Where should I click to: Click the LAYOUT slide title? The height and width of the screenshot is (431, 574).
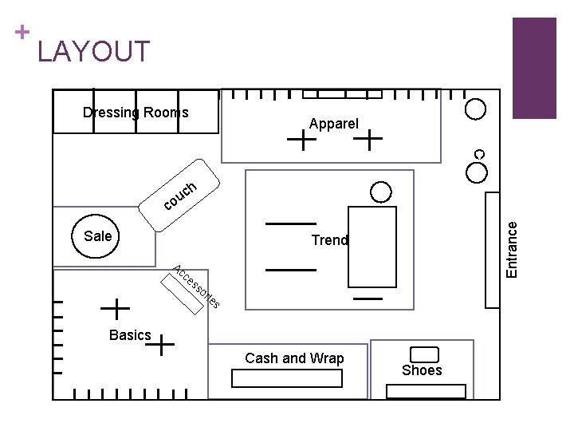point(93,52)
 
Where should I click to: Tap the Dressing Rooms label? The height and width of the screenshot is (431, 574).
point(136,113)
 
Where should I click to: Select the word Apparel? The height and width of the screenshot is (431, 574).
point(334,124)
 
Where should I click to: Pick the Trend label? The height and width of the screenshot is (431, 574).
point(330,239)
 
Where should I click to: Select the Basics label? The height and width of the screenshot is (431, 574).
point(130,335)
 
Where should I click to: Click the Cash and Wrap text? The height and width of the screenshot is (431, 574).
point(294,358)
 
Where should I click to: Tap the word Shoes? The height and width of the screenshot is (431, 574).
point(422,370)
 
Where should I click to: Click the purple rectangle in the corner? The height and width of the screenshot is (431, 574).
point(534,68)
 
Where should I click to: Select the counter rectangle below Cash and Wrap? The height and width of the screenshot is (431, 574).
point(286,379)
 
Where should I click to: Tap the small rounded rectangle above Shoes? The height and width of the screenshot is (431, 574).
point(423,354)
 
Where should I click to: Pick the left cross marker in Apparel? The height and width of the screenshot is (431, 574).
point(305,141)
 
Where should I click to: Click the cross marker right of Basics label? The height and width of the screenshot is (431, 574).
point(162,345)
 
